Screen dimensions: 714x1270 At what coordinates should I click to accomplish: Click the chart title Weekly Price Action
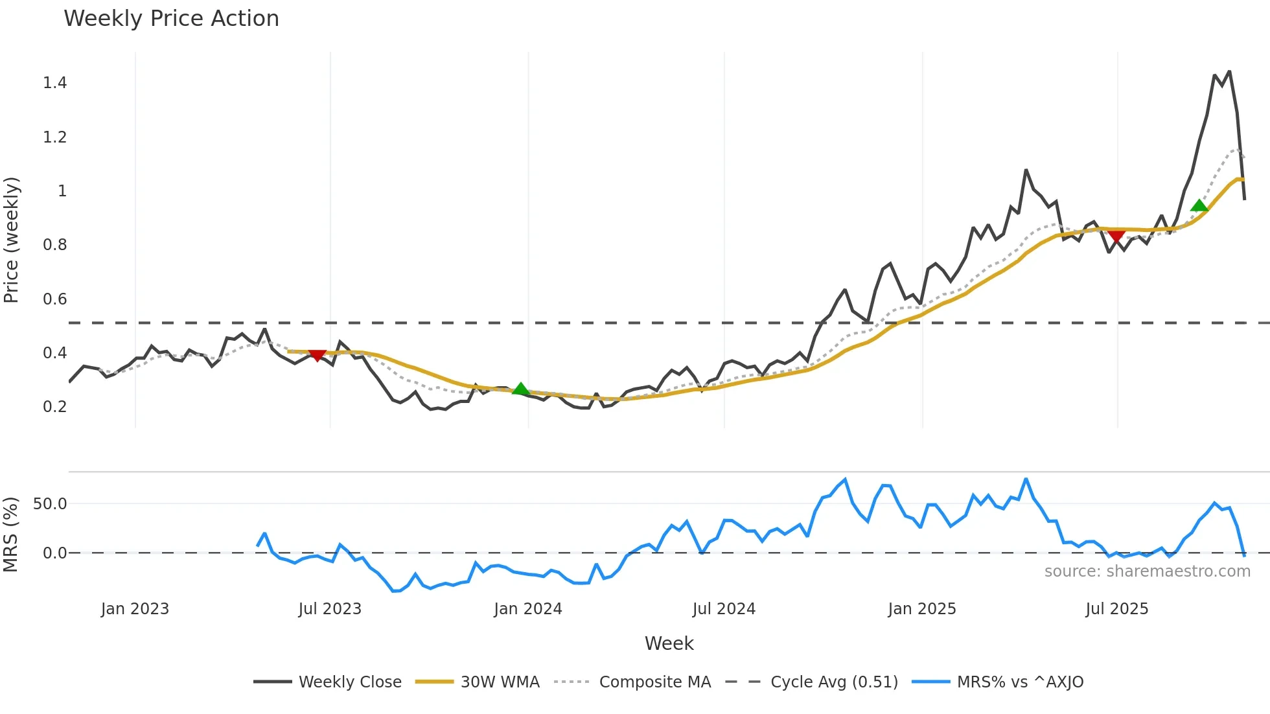click(x=171, y=19)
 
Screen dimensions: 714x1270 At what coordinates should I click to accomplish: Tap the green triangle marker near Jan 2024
click(x=520, y=389)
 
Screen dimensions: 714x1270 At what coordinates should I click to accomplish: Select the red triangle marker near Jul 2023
click(x=317, y=355)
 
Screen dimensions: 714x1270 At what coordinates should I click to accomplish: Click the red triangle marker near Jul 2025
click(x=1116, y=236)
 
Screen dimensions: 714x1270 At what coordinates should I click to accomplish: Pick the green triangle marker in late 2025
click(x=1199, y=205)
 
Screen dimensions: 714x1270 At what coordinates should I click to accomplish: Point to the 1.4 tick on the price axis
click(x=55, y=83)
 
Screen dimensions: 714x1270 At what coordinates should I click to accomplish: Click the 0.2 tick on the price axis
click(x=55, y=407)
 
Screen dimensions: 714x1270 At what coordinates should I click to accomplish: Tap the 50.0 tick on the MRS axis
click(x=50, y=504)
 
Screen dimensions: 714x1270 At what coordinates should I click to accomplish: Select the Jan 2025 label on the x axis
click(x=921, y=609)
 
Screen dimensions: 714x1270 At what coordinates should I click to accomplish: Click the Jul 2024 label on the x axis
click(x=724, y=609)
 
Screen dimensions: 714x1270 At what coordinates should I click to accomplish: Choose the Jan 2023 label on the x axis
click(x=135, y=609)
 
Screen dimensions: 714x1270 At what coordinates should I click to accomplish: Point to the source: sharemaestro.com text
click(x=1147, y=571)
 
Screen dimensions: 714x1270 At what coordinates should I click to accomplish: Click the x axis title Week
click(x=669, y=643)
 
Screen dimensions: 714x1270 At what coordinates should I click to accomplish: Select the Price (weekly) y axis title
click(x=11, y=240)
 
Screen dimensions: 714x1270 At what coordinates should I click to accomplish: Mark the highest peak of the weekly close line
click(x=1229, y=72)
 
